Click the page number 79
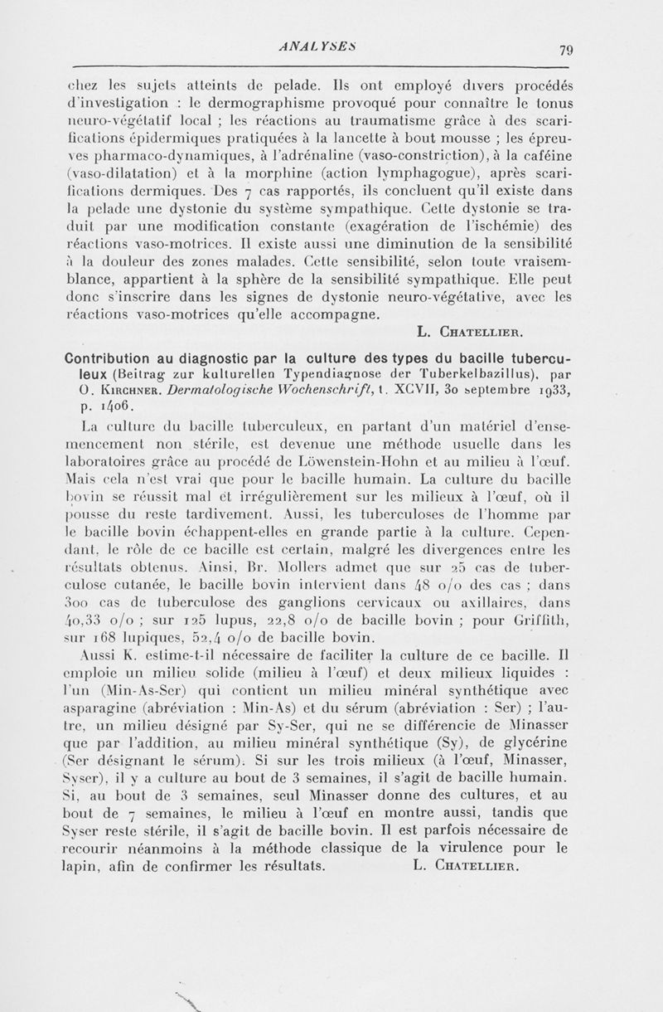[566, 49]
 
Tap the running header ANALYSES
[328, 48]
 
